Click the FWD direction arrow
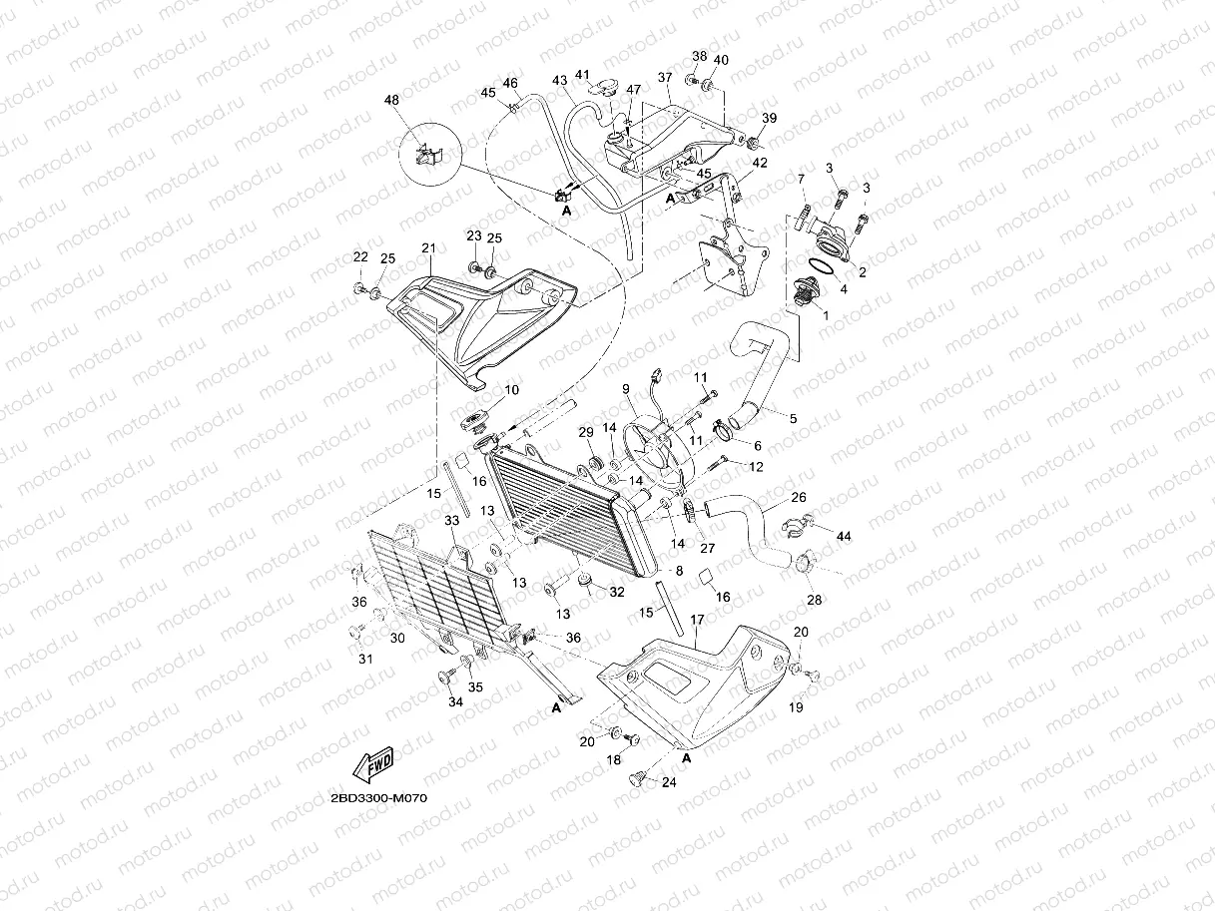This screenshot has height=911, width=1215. click(371, 764)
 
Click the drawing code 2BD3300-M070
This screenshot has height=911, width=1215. click(377, 799)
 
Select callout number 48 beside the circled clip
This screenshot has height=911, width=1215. click(389, 101)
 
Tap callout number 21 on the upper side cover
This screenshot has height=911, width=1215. click(429, 248)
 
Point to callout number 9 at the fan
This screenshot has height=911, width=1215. click(625, 389)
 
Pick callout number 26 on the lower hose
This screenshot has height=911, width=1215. click(799, 496)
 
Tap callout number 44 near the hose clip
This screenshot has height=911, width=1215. click(844, 537)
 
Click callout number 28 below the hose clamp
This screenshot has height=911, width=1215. click(815, 600)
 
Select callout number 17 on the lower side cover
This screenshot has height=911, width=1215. click(697, 620)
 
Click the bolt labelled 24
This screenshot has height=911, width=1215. click(635, 782)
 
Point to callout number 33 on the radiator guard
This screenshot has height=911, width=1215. click(451, 521)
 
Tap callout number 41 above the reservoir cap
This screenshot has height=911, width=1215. click(582, 75)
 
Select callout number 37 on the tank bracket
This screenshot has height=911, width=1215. click(665, 77)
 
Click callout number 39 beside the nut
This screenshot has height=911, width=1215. click(768, 119)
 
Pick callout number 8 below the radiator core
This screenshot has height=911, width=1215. click(678, 572)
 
